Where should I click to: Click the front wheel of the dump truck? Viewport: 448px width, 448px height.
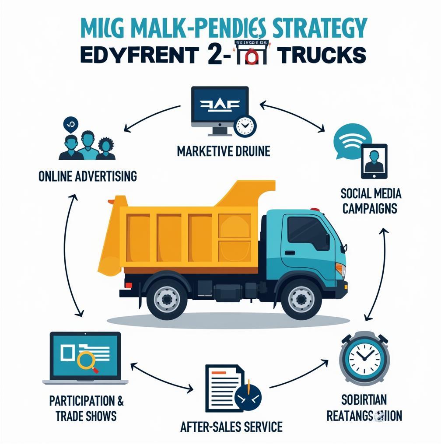301,299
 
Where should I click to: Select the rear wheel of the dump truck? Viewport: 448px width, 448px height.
167,299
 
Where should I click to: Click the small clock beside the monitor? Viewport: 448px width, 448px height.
245,126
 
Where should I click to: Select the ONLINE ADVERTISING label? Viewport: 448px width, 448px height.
87,176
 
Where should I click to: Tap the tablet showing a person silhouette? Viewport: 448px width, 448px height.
374,161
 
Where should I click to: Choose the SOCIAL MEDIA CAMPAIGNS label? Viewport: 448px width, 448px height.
370,200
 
